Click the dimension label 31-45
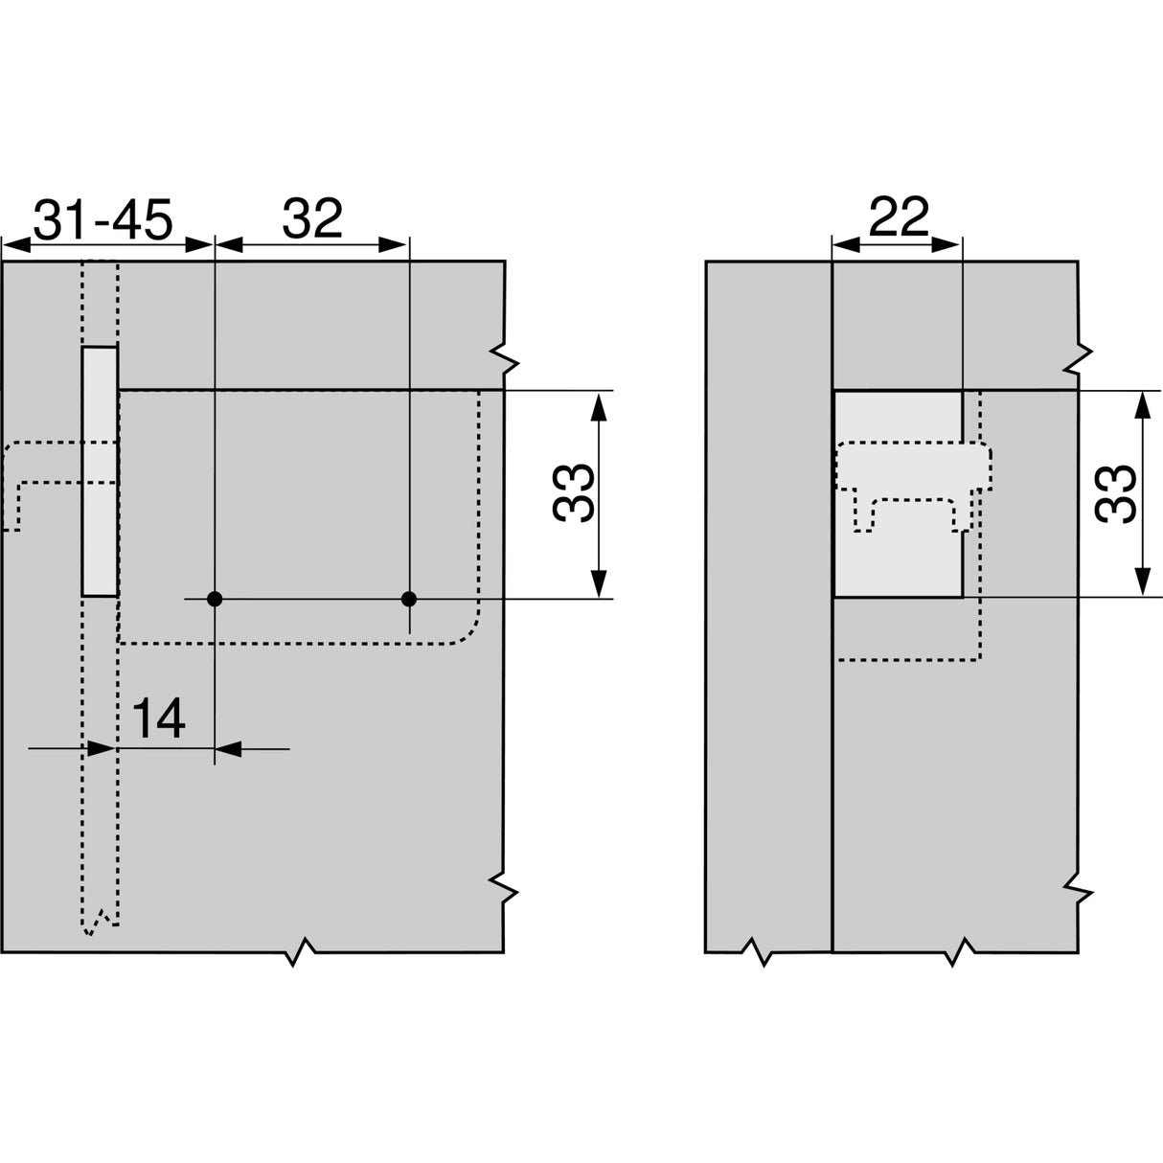103,220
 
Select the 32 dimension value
312,220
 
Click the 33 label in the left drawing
573,493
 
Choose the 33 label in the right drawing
1116,493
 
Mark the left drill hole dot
215,600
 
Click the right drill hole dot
409,600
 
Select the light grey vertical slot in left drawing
99,471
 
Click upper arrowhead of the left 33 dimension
599,407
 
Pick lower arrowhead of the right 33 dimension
1141,581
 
